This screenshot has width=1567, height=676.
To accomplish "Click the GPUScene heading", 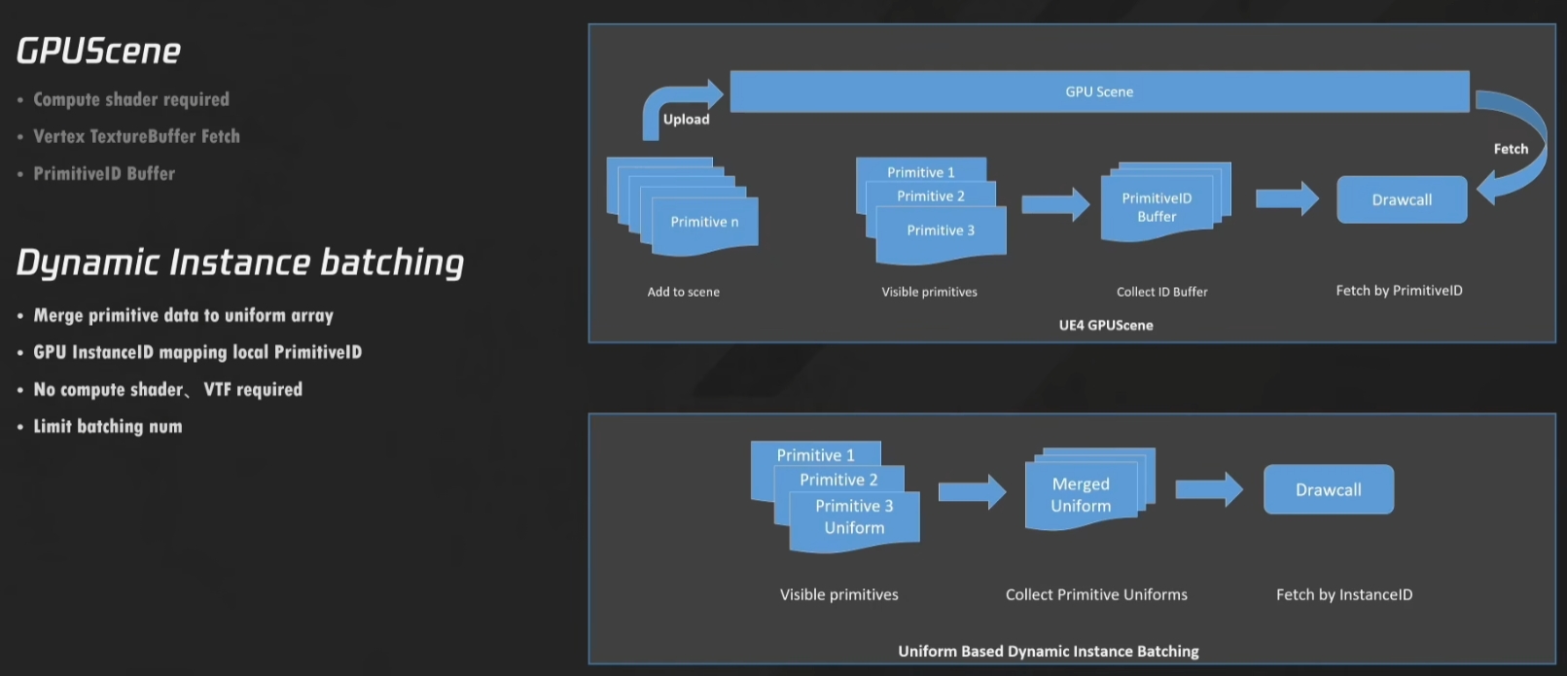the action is coord(98,52).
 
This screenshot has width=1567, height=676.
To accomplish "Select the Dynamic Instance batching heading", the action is coord(240,264).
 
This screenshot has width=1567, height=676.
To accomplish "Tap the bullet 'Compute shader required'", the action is coord(130,99).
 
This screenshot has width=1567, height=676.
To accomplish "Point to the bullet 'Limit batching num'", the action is coord(108,426).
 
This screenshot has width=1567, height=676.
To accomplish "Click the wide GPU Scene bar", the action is coord(1099,91).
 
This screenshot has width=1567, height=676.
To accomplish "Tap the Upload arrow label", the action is coord(687,119).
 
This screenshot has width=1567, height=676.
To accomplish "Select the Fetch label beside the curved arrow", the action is coord(1511,149).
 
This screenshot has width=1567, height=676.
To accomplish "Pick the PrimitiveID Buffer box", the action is coord(1157,207).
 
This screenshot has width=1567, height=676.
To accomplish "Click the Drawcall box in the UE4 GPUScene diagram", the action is coord(1402,199).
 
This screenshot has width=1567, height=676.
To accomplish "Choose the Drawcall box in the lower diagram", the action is coord(1329,489).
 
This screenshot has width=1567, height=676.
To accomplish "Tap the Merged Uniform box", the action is coord(1081,495).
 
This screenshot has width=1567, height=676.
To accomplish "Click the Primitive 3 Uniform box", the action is coord(854,520).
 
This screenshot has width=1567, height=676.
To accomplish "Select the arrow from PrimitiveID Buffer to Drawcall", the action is coord(1287,199).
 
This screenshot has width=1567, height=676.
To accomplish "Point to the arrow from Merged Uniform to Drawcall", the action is coord(1209,489).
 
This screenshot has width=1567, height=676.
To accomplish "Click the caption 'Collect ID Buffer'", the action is coord(1162,292).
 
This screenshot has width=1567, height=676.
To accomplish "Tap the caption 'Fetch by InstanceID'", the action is coord(1344,594).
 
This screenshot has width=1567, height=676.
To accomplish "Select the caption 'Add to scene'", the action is coord(683,292).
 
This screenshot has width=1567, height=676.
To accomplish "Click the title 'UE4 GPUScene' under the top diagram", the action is coord(1105,325).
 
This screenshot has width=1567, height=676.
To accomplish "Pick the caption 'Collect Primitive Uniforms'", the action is coord(1096,594).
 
